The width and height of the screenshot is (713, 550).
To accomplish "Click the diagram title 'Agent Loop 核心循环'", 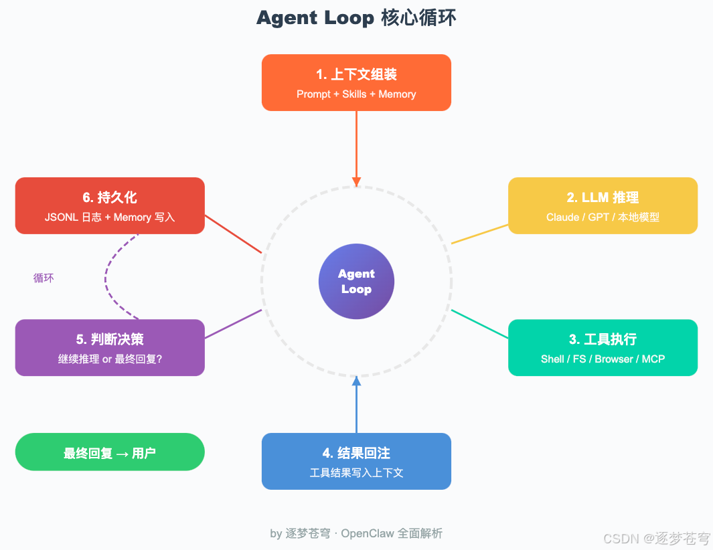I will [x=356, y=18].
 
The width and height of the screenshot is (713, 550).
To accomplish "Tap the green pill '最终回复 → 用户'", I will [x=110, y=452].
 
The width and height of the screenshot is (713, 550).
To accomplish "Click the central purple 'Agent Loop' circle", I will [x=356, y=282].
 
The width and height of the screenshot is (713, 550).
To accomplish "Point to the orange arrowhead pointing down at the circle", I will [x=356, y=181].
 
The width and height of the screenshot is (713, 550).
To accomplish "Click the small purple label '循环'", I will [x=44, y=278].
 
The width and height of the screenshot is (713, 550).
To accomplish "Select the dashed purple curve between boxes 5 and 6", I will [x=106, y=276].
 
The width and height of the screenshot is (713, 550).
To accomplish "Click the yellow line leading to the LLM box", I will [x=479, y=234].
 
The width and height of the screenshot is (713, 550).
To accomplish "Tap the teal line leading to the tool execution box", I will [x=479, y=324].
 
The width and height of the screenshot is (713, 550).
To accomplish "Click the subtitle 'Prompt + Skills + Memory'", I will [x=356, y=94].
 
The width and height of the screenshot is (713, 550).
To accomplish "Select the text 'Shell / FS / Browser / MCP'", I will [x=603, y=359].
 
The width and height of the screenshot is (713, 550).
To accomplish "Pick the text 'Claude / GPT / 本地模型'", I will [x=603, y=217].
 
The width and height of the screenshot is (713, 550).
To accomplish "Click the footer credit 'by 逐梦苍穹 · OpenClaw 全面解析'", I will [x=356, y=533].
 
